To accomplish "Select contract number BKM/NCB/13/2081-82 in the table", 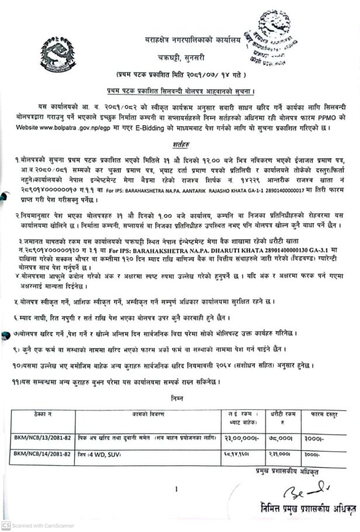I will (x=42, y=436).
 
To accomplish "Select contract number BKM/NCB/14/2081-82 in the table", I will (x=42, y=453).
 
